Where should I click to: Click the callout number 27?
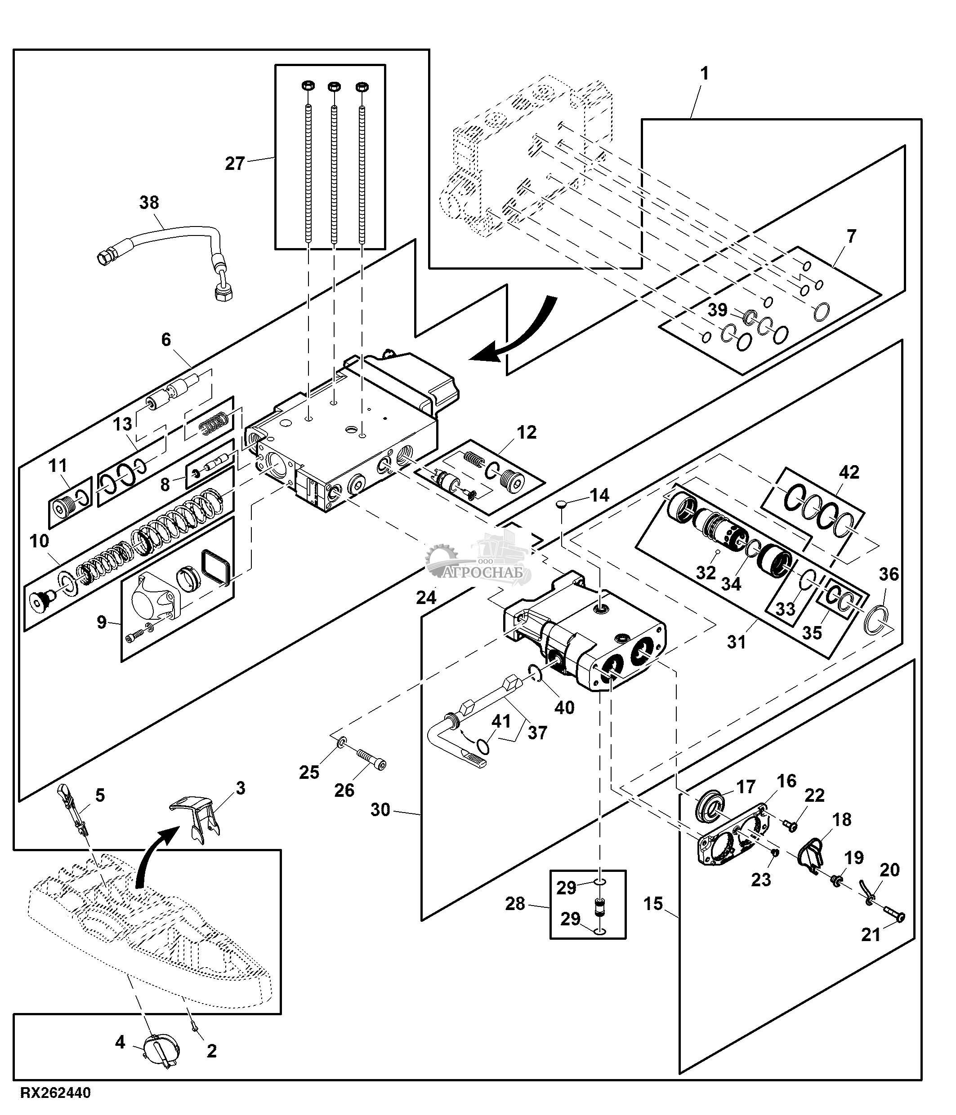coord(235,164)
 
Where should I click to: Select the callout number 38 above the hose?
coord(149,203)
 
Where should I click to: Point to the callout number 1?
coord(704,74)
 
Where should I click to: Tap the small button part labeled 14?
coord(562,504)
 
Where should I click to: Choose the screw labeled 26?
coord(371,758)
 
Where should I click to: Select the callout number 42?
coord(849,472)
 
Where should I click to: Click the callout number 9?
coord(102,622)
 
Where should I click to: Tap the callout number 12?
coord(527,432)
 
